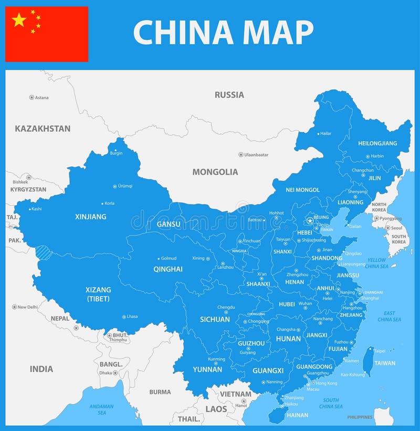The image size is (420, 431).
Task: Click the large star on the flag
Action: click(x=19, y=20)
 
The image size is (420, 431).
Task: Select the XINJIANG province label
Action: click(x=90, y=217)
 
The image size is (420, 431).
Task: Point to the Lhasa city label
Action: click(x=131, y=317)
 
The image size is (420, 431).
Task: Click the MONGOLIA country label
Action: click(x=215, y=172)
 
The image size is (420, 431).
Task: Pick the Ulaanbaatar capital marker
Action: click(x=241, y=155)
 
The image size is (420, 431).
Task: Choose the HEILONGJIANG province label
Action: click(x=377, y=143)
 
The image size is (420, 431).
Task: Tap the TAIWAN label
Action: click(x=385, y=363)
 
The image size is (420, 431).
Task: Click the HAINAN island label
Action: click(x=298, y=415)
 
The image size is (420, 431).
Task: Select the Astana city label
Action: click(x=41, y=98)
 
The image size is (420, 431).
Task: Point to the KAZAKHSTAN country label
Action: click(x=43, y=129)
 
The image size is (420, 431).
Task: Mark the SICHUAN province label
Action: click(x=215, y=319)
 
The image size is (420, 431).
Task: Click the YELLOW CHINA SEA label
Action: click(x=376, y=263)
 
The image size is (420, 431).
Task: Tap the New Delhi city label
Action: click(x=27, y=307)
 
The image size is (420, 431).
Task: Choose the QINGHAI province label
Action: click(x=168, y=269)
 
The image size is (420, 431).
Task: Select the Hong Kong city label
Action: click(x=326, y=383)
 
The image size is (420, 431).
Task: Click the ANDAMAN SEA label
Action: click(x=101, y=409)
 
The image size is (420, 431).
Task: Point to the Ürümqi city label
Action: click(x=125, y=186)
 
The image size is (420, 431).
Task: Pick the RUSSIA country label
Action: click(x=229, y=95)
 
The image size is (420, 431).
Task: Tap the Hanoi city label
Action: click(x=241, y=405)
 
